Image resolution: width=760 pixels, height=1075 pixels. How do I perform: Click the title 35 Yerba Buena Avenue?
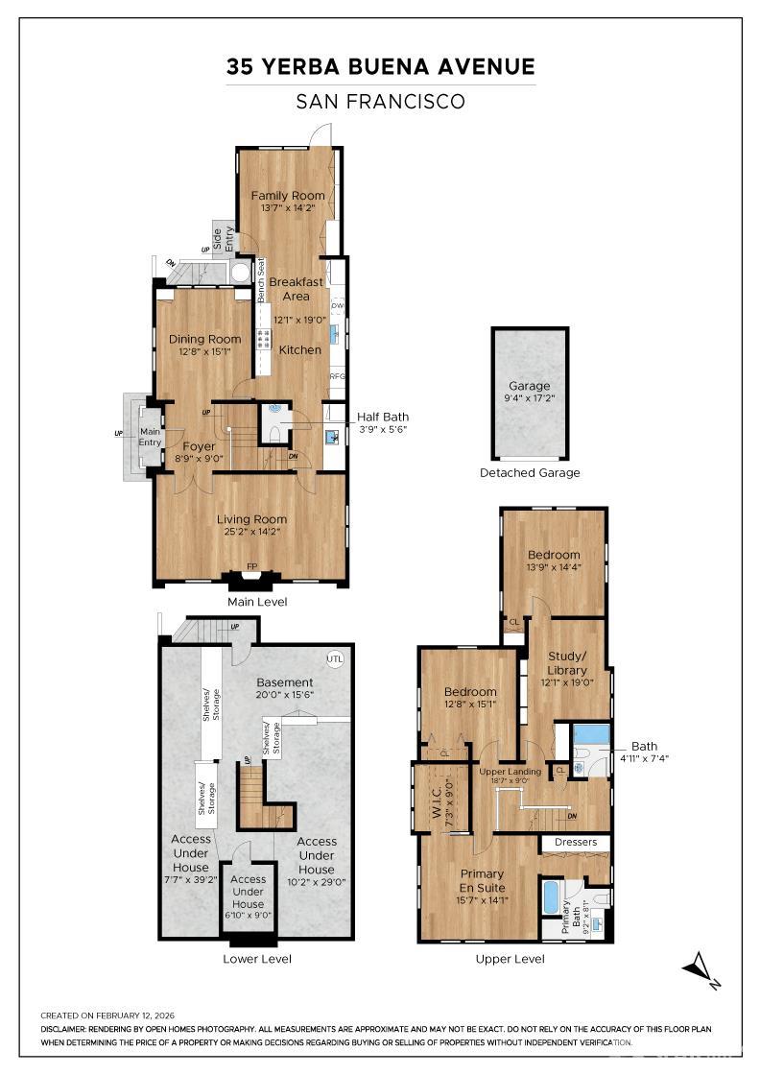tap(380, 66)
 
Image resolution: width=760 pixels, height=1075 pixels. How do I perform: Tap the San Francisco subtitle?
tap(380, 101)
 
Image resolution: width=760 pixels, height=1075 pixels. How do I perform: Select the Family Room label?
tap(288, 196)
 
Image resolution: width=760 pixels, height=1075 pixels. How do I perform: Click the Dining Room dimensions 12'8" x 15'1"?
tap(204, 352)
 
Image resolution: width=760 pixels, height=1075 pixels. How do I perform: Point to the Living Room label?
tap(251, 519)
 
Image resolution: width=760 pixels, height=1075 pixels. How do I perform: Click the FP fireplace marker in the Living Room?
tap(252, 566)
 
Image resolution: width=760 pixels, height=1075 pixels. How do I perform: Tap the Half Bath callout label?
tap(382, 417)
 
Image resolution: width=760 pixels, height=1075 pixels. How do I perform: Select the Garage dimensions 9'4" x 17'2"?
tap(530, 399)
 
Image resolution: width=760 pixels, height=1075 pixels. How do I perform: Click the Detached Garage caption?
tap(530, 472)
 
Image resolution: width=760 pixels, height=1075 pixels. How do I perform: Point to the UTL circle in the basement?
tap(334, 659)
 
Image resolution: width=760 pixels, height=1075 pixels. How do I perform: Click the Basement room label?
tap(285, 682)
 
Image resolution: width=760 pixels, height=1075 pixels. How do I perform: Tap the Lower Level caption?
tap(256, 958)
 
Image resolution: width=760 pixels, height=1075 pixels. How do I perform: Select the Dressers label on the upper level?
tap(576, 842)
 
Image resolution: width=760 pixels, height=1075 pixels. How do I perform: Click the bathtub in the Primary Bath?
tap(551, 898)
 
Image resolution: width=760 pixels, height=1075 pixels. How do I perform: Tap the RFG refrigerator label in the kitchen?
tap(337, 376)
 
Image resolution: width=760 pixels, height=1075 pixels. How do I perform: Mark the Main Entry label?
tap(151, 437)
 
